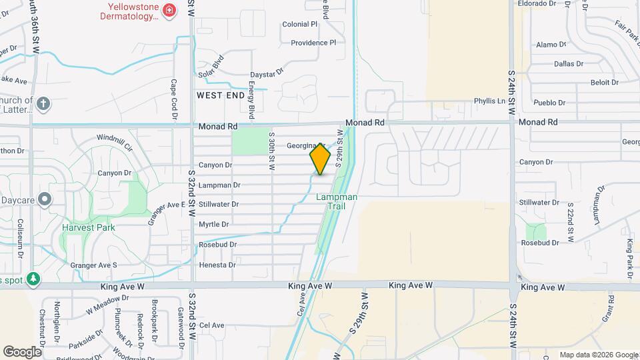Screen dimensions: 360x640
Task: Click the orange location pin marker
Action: (x=320, y=159)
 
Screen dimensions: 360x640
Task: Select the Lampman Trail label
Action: (x=337, y=201)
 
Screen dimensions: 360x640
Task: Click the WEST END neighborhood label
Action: (x=221, y=95)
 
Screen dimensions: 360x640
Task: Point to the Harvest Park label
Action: (x=88, y=227)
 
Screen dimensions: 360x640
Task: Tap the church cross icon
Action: (x=43, y=103)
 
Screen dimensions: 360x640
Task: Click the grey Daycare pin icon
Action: (x=45, y=199)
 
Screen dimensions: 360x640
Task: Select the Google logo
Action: (x=22, y=351)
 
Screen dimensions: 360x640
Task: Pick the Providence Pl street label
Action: (x=313, y=43)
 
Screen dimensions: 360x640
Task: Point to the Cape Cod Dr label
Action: (x=174, y=100)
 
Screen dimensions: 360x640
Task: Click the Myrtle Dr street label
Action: (x=213, y=224)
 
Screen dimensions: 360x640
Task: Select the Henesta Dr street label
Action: (x=217, y=265)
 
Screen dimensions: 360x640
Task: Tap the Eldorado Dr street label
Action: (x=537, y=3)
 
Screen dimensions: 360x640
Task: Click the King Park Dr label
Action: (x=629, y=254)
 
